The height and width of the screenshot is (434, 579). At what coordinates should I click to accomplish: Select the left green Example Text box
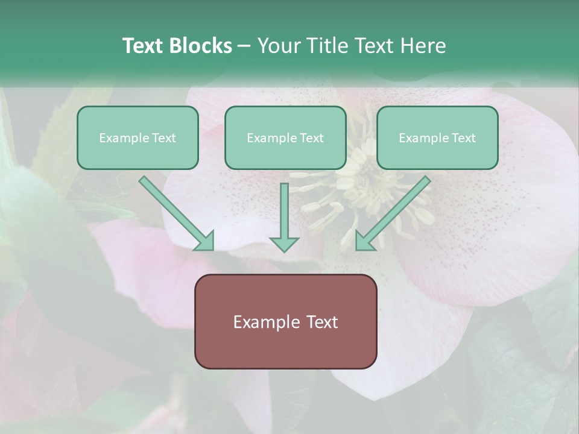coord(138,137)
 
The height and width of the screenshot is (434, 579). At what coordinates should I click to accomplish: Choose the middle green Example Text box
coord(285,137)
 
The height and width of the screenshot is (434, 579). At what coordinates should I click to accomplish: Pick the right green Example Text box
coord(437,137)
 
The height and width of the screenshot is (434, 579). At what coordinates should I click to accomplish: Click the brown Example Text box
coord(285,321)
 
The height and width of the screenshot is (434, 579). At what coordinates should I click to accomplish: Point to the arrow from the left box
coord(175,211)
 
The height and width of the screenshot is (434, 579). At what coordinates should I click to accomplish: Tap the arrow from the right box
coord(395,211)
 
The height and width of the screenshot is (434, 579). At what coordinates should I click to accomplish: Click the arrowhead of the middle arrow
coord(284,244)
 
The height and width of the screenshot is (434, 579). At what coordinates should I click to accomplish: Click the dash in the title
coord(244,46)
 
